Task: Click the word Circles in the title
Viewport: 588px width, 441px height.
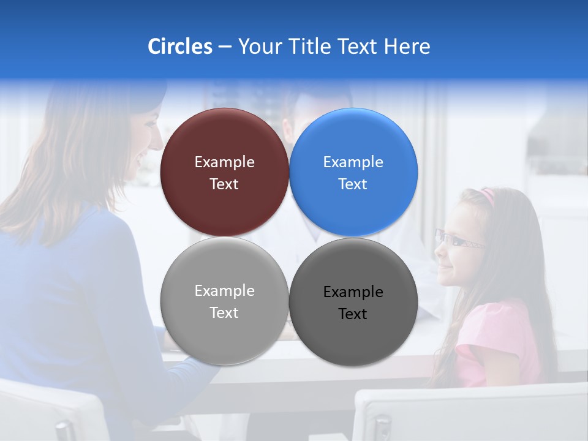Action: pyautogui.click(x=179, y=47)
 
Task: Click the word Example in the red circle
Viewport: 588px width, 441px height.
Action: pyautogui.click(x=224, y=162)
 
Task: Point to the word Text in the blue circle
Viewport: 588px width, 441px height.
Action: pyautogui.click(x=353, y=184)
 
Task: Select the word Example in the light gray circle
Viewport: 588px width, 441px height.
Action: pyautogui.click(x=224, y=291)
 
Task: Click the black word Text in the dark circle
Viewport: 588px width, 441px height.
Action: pyautogui.click(x=353, y=314)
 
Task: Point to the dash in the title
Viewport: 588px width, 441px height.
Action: pyautogui.click(x=225, y=47)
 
